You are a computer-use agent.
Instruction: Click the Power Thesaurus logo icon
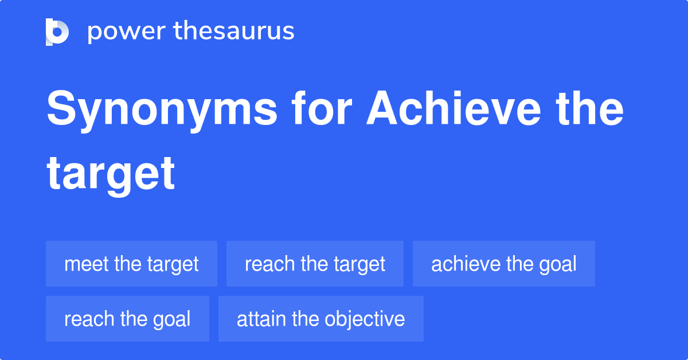click(57, 32)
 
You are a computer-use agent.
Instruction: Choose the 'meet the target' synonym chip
click(131, 264)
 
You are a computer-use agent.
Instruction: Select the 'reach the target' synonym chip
click(315, 264)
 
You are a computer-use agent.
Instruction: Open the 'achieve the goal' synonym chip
click(503, 264)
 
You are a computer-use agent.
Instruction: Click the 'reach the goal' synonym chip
click(127, 319)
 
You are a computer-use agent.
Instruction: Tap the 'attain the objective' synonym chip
click(320, 319)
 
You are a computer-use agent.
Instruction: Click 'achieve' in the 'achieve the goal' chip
click(466, 264)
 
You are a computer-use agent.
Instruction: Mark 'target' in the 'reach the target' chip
click(360, 264)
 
